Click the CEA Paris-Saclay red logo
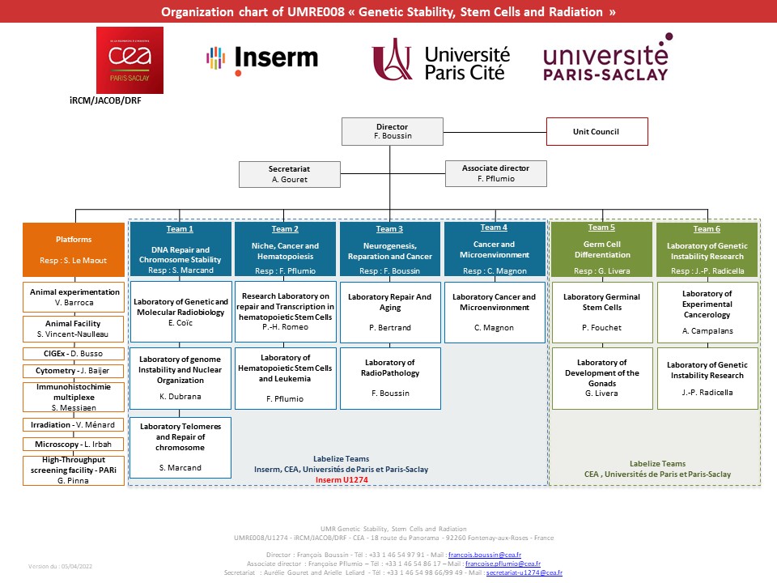(x=129, y=60)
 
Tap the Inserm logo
(x=262, y=60)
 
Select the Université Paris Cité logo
(x=441, y=59)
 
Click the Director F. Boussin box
(x=393, y=131)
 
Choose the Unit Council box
(x=597, y=131)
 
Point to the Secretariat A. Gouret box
(x=290, y=174)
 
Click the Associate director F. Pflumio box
(x=496, y=173)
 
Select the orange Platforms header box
(x=74, y=249)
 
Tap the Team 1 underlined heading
(x=180, y=229)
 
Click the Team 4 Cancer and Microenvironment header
(x=495, y=249)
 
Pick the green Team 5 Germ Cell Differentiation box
(x=602, y=249)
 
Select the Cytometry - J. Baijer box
(x=74, y=371)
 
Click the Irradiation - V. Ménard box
(x=74, y=425)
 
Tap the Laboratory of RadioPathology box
(x=390, y=378)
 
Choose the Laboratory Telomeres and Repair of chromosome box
(x=180, y=447)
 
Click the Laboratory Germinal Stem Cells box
(x=602, y=313)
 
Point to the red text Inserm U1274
(x=342, y=480)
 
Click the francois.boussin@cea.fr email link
(x=485, y=555)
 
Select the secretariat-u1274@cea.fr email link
(x=524, y=572)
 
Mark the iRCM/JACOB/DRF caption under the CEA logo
(x=105, y=100)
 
